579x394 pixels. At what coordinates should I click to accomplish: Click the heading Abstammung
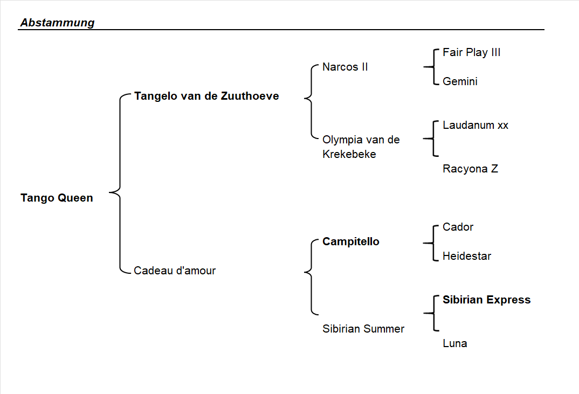57,23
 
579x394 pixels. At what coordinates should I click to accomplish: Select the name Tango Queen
57,198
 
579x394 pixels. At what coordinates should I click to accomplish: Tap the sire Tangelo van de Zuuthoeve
206,96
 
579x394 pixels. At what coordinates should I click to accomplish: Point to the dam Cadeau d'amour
175,271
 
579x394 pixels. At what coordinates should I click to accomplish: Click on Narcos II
345,67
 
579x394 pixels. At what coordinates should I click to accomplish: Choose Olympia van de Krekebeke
361,147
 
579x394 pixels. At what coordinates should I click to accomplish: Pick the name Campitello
350,241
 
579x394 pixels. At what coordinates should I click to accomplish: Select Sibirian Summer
363,329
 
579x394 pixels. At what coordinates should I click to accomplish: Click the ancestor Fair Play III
471,52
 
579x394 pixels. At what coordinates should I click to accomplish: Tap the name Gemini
460,81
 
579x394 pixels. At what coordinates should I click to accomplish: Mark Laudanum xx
475,125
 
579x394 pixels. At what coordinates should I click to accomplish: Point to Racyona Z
470,169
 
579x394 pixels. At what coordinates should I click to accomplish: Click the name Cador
458,227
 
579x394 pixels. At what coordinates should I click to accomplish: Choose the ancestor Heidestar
466,256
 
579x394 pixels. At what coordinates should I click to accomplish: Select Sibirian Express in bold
486,300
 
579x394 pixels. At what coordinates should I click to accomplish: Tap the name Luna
454,343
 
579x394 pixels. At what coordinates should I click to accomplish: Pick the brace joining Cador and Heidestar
432,242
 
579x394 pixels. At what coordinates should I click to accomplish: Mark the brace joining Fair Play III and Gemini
432,67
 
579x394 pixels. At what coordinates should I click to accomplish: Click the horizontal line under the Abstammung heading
280,30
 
